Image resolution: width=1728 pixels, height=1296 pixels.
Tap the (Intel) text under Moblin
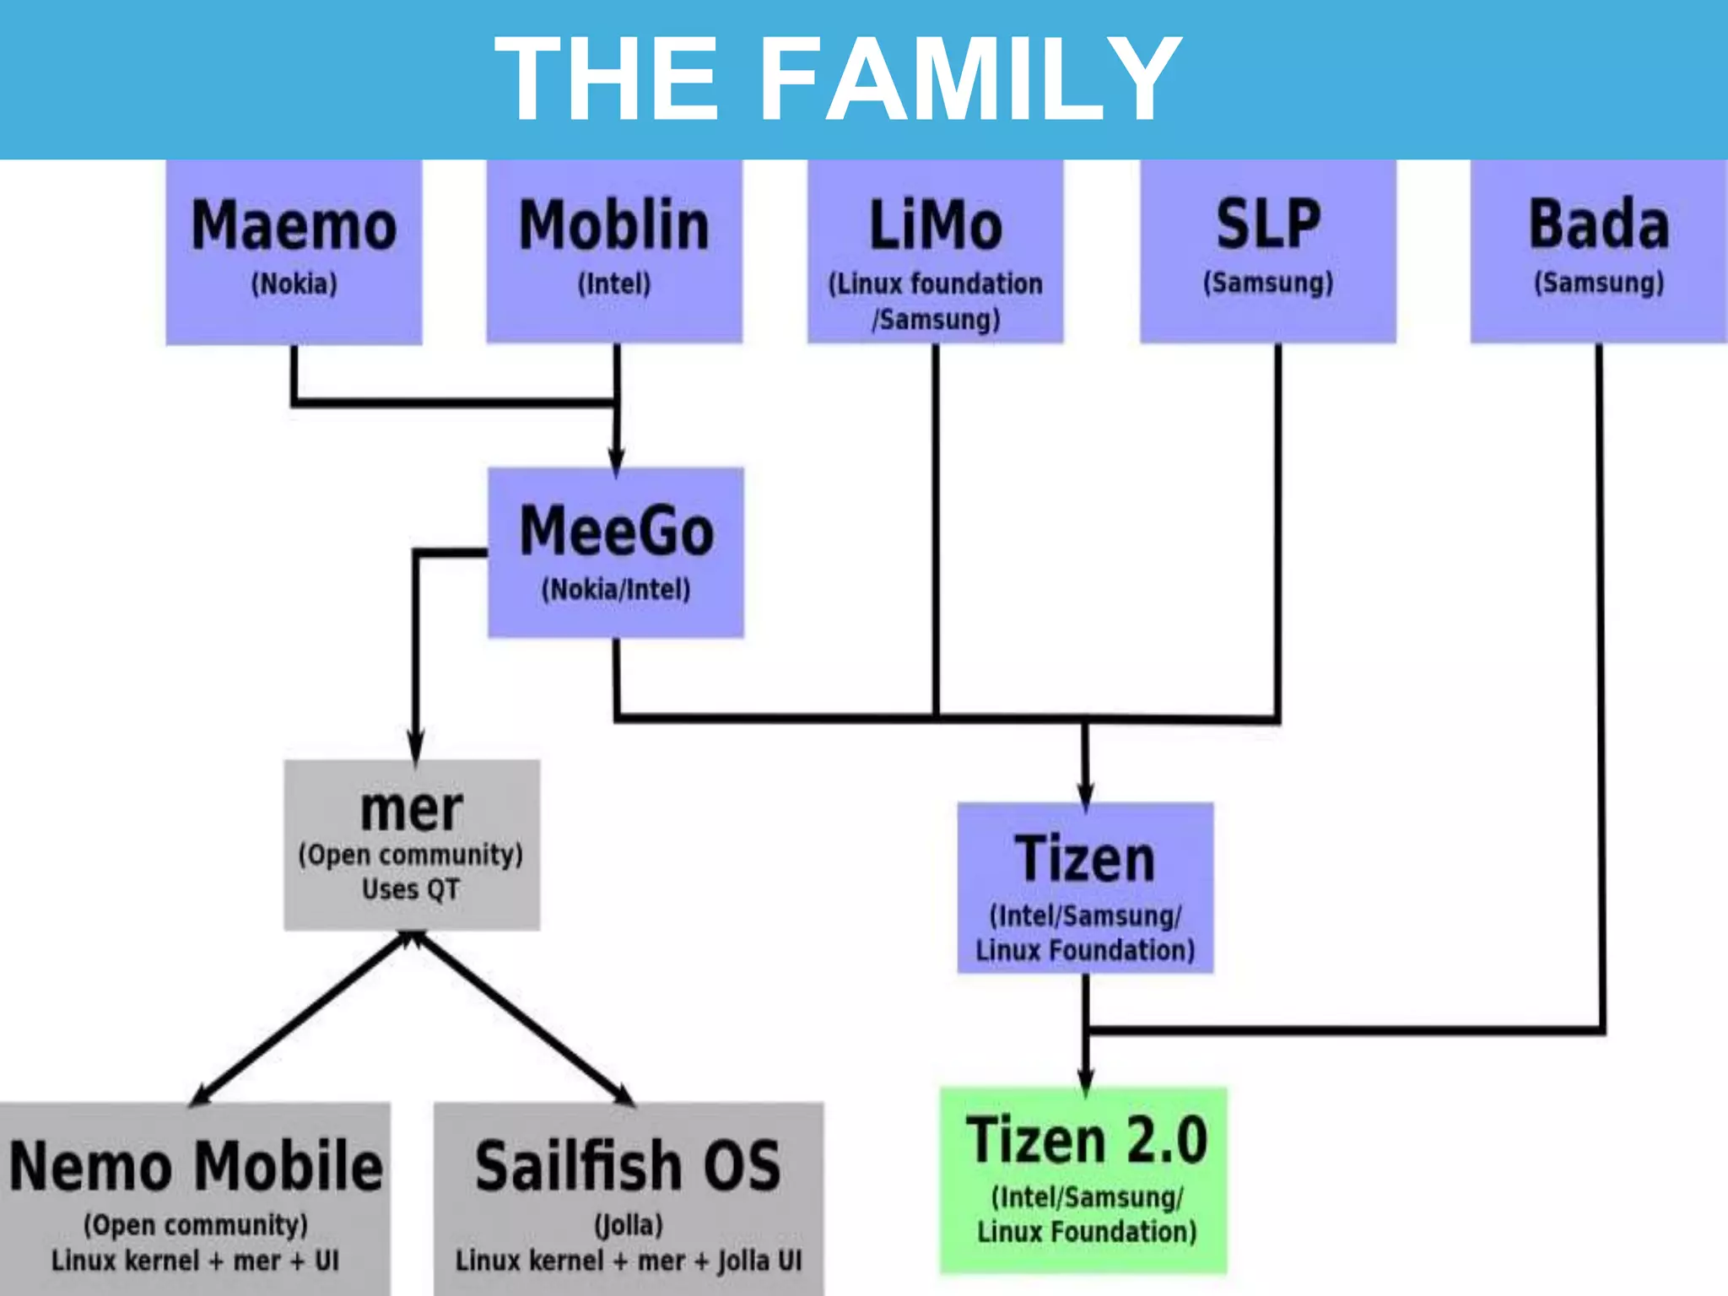[x=614, y=283]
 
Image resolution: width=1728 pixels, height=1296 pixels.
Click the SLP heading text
[x=1267, y=224]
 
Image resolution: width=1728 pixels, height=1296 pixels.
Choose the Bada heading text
[x=1598, y=224]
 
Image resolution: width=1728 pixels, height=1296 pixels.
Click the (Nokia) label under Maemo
[x=294, y=283]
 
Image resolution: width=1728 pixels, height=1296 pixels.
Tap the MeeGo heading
[x=616, y=531]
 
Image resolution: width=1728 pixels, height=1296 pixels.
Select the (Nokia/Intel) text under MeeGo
[x=616, y=589]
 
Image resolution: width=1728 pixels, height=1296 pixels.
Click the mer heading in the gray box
[x=411, y=809]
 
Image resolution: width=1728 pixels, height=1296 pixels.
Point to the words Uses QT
[x=411, y=889]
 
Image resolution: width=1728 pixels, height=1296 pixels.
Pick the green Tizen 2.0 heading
[x=1086, y=1140]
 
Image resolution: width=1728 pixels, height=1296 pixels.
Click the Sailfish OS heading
[x=628, y=1166]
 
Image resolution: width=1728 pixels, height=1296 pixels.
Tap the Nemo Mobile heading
[x=195, y=1166]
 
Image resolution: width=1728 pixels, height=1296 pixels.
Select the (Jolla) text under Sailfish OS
[x=629, y=1224]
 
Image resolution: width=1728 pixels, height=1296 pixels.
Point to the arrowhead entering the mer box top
[x=415, y=748]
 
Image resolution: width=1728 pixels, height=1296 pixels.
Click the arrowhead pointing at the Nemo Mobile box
[x=201, y=1095]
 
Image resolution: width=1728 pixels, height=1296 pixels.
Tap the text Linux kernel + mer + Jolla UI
[x=629, y=1261]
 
